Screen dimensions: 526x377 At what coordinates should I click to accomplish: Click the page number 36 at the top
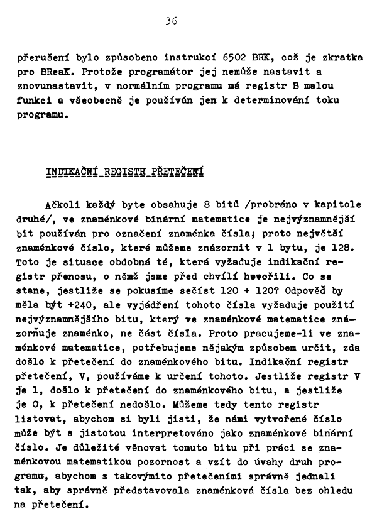(x=170, y=21)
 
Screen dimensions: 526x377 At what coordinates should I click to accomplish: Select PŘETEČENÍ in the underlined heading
(x=182, y=172)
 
